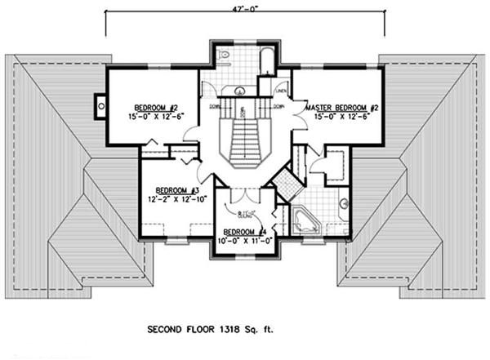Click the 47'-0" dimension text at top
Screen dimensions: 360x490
(x=244, y=7)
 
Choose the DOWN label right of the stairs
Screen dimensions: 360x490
(x=278, y=106)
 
